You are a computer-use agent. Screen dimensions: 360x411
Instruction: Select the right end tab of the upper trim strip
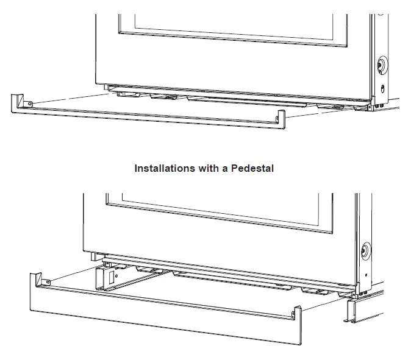click(282, 119)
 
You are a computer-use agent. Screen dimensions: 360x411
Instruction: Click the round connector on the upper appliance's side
click(382, 64)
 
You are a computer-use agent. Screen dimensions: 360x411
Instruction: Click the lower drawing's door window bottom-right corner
click(333, 232)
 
